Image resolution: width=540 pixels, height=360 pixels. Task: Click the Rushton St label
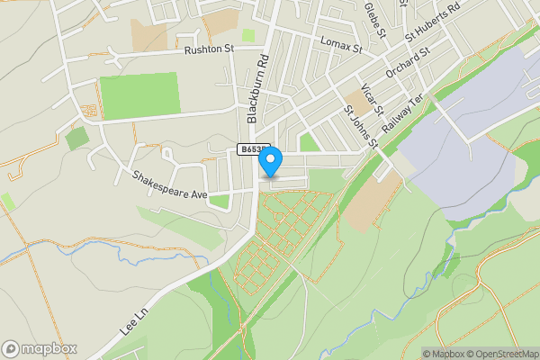pyautogui.click(x=209, y=50)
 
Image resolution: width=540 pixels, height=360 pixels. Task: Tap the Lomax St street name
pyautogui.click(x=339, y=43)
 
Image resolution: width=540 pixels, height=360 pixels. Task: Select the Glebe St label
pyautogui.click(x=374, y=18)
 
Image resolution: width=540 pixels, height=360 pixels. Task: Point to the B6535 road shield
pyautogui.click(x=253, y=149)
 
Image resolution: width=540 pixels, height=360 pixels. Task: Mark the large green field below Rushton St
pyautogui.click(x=139, y=94)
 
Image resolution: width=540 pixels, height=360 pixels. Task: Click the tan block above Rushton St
pyautogui.click(x=149, y=34)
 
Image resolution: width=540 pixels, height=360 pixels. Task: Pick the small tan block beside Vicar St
pyautogui.click(x=355, y=103)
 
